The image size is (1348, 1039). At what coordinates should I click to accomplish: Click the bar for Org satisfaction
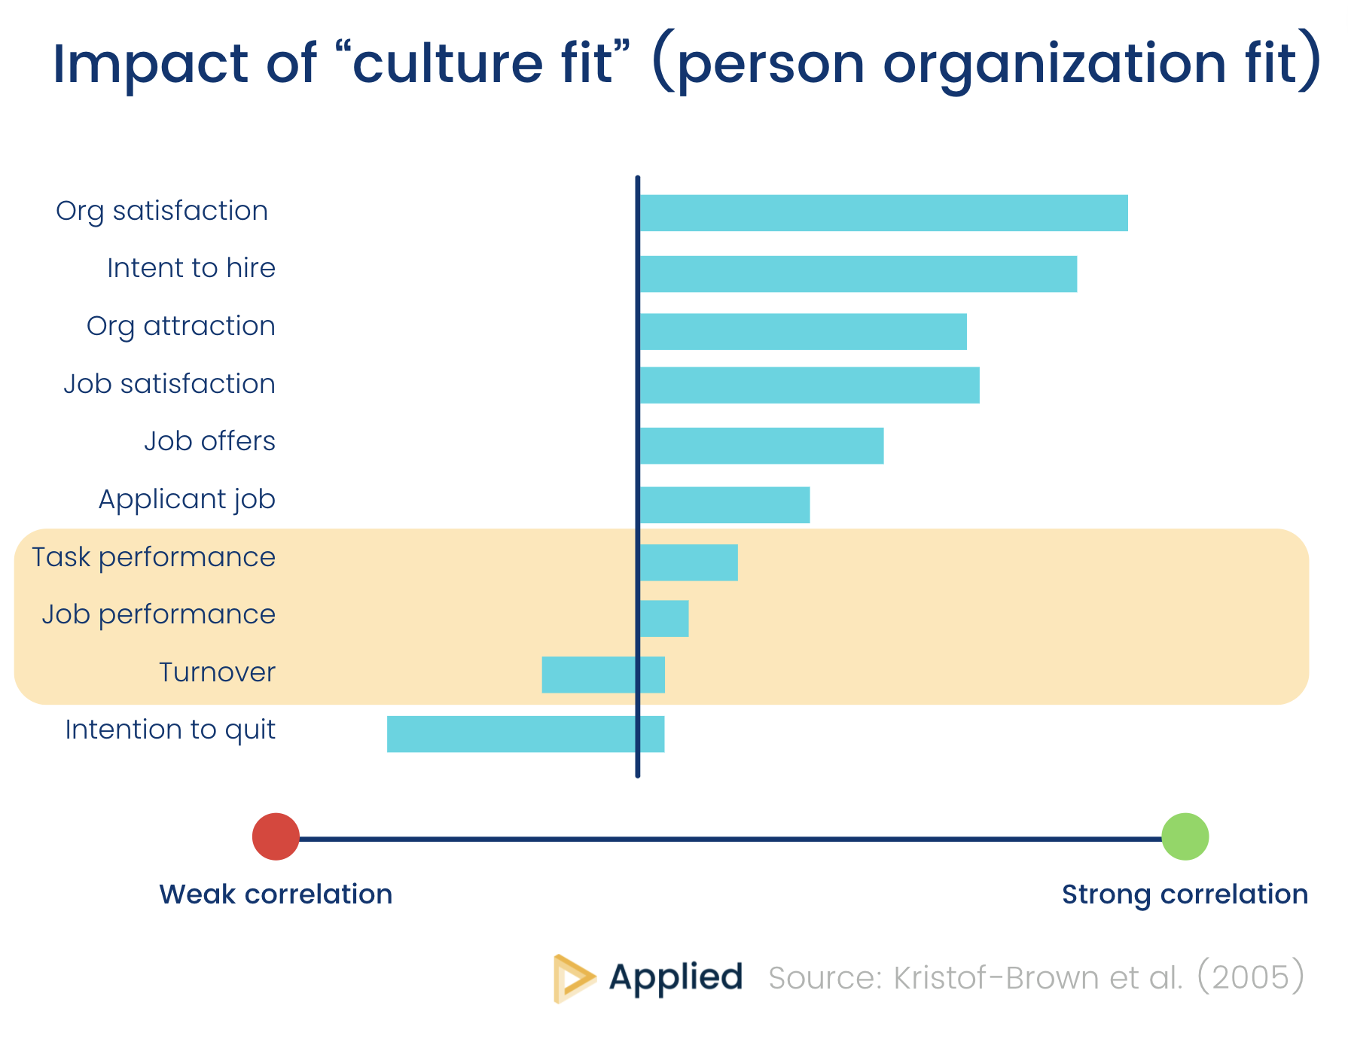(883, 213)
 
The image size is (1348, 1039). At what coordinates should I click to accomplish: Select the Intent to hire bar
(857, 274)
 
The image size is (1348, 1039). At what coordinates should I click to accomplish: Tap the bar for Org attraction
(802, 332)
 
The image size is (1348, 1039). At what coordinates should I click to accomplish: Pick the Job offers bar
(761, 446)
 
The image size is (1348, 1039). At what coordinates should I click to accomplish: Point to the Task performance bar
(688, 562)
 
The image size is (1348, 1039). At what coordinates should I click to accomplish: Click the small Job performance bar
(663, 619)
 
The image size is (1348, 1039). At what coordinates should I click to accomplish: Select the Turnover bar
(602, 675)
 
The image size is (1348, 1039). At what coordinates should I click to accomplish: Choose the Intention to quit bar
(525, 734)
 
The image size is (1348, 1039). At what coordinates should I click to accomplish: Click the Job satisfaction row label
(169, 384)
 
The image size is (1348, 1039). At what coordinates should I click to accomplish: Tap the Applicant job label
(187, 500)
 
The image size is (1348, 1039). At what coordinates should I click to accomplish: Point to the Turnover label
(217, 672)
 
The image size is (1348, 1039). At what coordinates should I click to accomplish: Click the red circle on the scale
(276, 836)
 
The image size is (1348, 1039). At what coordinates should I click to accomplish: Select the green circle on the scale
(1185, 836)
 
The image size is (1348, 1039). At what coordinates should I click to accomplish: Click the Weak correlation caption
(276, 894)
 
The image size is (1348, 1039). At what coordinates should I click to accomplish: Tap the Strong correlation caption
(1185, 894)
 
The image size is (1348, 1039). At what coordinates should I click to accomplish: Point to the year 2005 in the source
(1250, 977)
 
